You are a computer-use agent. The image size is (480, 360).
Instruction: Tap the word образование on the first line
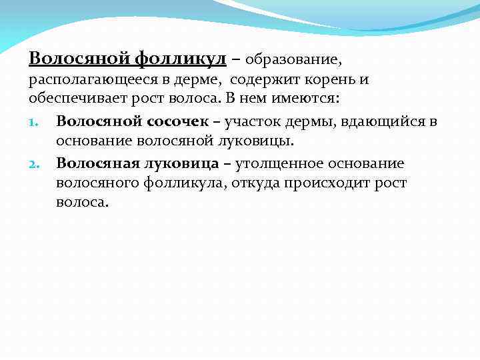click(x=293, y=59)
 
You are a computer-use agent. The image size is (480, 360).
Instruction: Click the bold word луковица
click(x=185, y=163)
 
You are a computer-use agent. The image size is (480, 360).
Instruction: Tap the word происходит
click(x=321, y=183)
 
